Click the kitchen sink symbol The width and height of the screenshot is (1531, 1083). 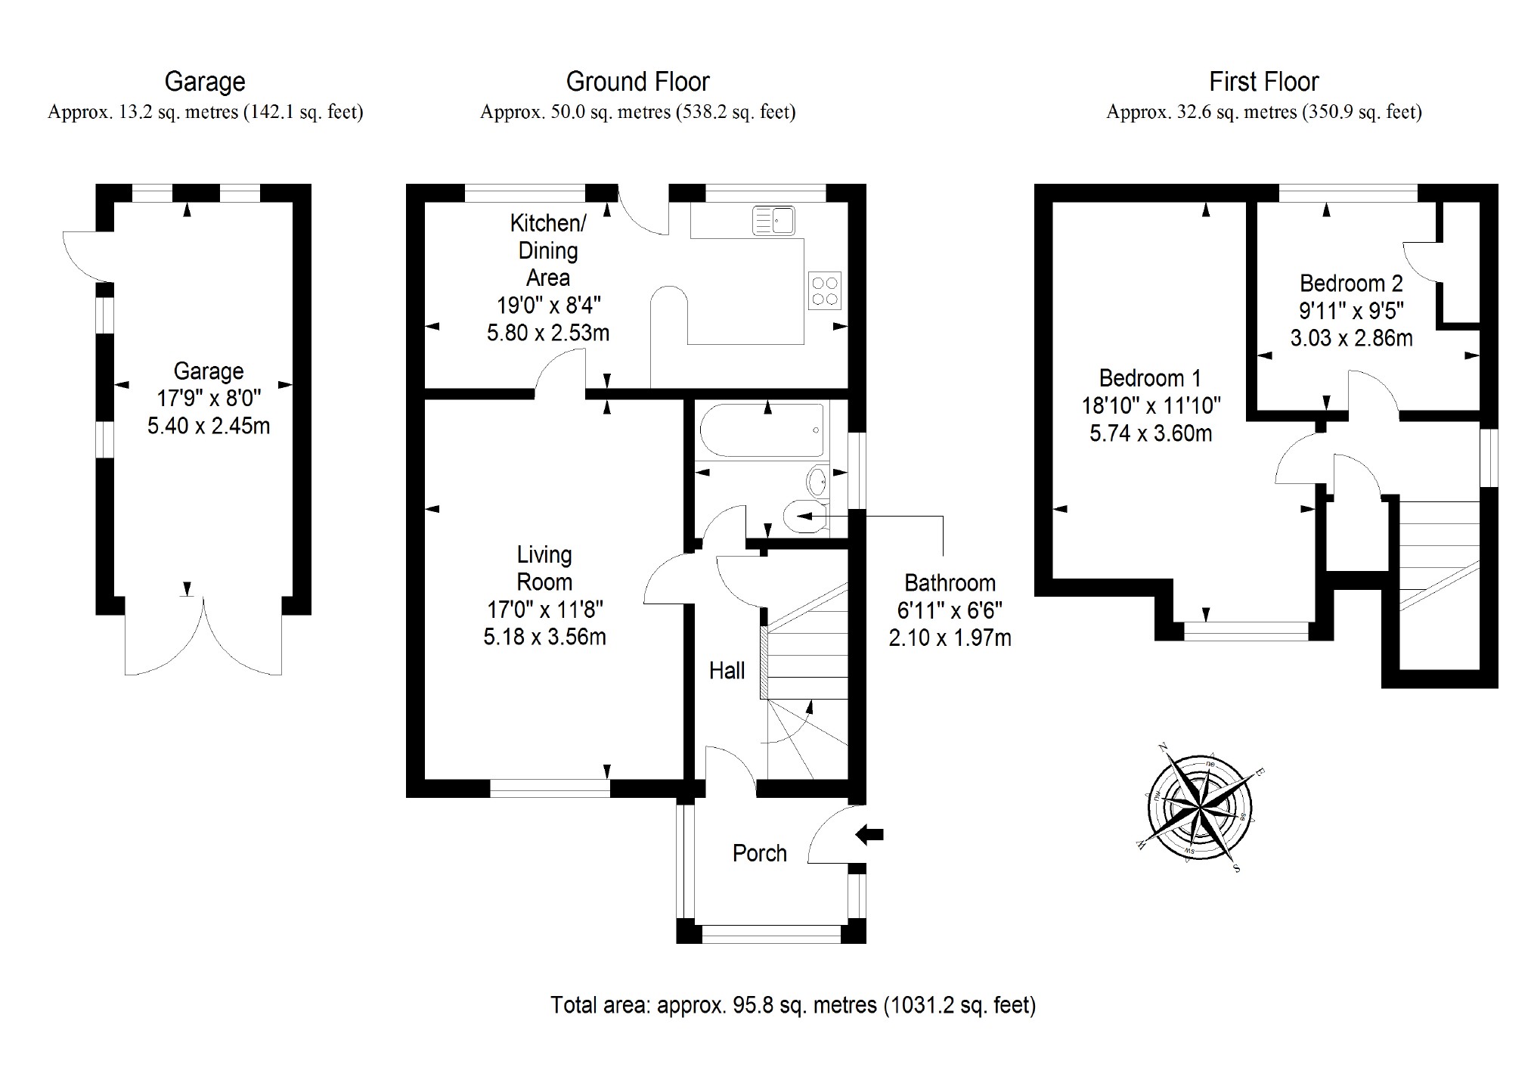pos(773,221)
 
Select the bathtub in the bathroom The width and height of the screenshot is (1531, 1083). pos(761,430)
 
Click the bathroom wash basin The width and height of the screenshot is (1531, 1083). pos(817,479)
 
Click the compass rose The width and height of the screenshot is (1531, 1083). pos(1199,808)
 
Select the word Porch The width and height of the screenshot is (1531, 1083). pos(759,853)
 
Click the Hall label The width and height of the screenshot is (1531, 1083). pos(727,671)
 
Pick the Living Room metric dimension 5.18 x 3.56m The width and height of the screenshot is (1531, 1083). pos(544,637)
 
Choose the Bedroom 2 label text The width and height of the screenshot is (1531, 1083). pos(1350,284)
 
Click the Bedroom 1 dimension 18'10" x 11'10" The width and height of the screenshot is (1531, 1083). pos(1151,406)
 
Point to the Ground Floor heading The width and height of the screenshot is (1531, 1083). pos(637,82)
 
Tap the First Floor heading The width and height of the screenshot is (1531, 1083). pos(1263,82)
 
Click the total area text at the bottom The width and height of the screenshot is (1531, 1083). pos(793,1005)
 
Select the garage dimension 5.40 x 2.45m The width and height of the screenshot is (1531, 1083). pos(208,426)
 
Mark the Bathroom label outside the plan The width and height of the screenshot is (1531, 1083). pos(950,583)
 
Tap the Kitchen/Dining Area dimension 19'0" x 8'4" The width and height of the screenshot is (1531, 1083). pos(548,306)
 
